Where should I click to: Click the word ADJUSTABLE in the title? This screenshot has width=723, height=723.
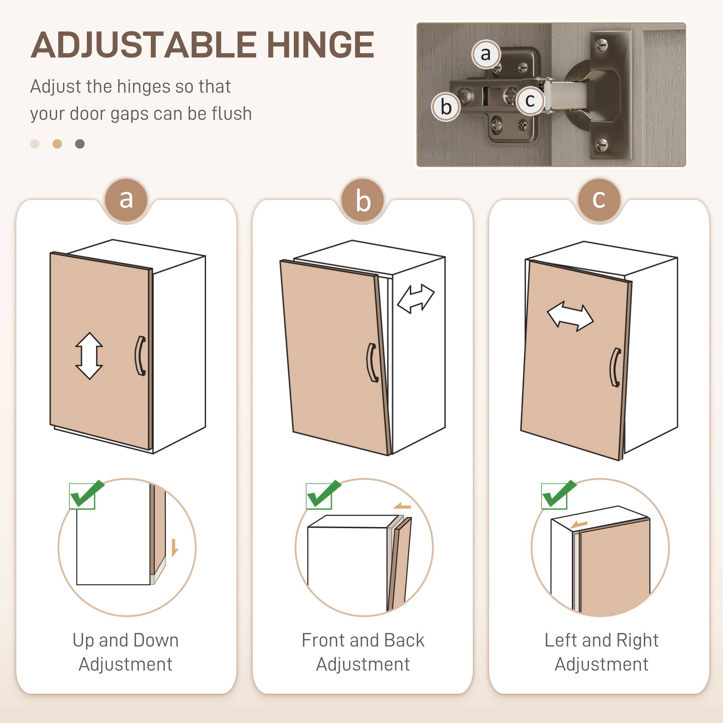(143, 45)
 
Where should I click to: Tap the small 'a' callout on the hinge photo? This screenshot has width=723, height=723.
(485, 54)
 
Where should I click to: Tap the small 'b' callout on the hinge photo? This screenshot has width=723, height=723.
(446, 107)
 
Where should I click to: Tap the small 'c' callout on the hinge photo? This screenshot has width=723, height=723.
(530, 100)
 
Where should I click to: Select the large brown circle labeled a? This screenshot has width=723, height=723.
(126, 200)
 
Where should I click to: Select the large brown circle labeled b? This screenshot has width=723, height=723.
(363, 201)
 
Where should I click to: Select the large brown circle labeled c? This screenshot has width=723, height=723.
(599, 200)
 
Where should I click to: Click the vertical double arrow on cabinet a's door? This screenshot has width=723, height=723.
(89, 355)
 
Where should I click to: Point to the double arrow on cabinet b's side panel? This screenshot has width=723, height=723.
(415, 298)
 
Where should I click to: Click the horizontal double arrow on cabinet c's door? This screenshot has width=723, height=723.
(570, 317)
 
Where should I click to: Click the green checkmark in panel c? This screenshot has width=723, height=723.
(559, 494)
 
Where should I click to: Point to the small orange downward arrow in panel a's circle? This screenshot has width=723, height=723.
(174, 547)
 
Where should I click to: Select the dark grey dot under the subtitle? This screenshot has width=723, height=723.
(80, 144)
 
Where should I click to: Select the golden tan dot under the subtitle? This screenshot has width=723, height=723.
(57, 144)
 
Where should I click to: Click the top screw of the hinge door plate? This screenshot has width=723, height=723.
(602, 46)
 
